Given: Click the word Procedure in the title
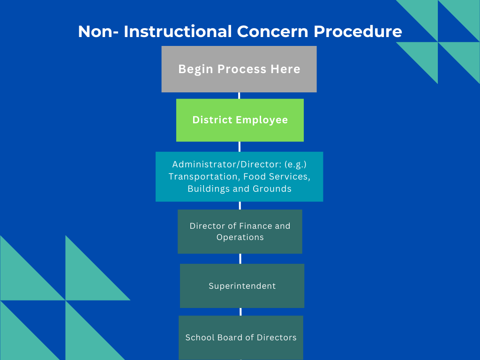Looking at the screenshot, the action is pos(358,32).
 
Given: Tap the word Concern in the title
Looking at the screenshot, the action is pos(272,31).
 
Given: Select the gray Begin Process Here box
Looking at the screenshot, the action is pos(239,69).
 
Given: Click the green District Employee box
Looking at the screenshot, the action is pos(240,120).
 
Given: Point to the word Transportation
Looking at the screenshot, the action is pos(203,177).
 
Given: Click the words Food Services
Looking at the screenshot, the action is pos(277,177).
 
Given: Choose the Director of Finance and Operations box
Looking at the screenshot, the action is pos(240,232).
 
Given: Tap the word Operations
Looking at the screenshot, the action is pos(240,237).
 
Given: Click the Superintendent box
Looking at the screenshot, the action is pos(242,286).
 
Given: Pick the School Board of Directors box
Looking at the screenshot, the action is pos(241,337).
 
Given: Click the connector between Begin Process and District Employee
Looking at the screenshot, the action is pos(239,96).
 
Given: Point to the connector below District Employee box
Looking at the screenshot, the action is pos(240,147).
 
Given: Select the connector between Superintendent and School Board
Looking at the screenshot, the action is pos(240,312).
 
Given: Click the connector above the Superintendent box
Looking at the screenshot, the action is pos(240,259).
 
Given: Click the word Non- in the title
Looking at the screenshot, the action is pos(98,32).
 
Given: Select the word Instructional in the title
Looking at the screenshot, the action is pos(178,31).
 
